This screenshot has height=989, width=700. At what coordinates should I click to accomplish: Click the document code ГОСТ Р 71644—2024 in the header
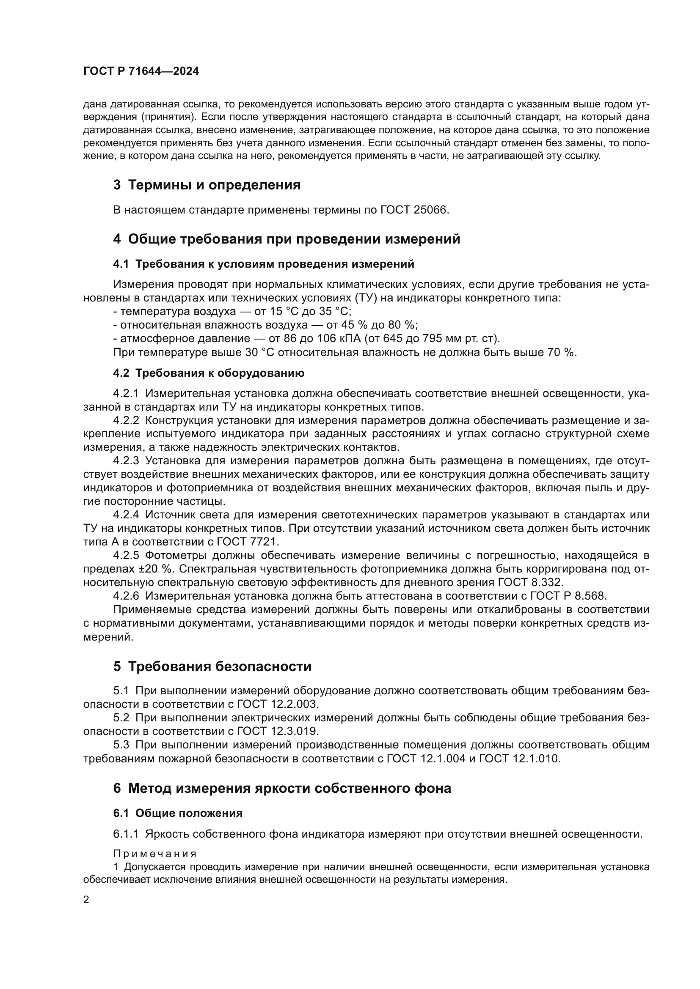[x=141, y=71]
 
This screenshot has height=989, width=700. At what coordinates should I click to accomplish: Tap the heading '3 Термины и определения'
[x=207, y=185]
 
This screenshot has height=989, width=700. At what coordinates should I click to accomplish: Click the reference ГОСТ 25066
[x=414, y=210]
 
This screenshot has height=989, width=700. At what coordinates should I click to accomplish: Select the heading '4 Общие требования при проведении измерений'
[x=286, y=239]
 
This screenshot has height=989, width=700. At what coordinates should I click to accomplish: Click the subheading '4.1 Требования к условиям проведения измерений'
[x=263, y=264]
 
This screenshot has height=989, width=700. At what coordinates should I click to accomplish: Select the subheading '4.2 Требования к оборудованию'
[x=209, y=373]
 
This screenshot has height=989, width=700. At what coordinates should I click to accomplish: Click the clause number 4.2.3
[x=126, y=461]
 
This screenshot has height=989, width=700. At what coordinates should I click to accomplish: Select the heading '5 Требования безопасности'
[x=212, y=667]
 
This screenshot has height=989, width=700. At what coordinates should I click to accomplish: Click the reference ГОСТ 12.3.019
[x=278, y=731]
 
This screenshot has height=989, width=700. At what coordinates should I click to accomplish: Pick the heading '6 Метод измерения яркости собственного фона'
[x=282, y=789]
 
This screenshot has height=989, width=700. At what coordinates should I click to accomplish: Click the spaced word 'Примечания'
[x=155, y=854]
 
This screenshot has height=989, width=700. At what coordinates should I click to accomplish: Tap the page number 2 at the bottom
[x=86, y=900]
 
